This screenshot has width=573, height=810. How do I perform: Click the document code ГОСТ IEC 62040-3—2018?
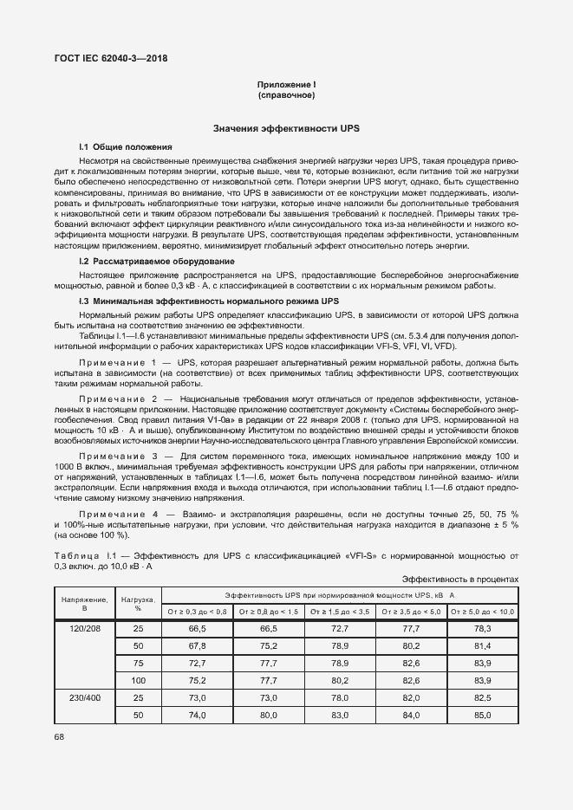click(110, 59)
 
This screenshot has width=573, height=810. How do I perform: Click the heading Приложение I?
click(286, 84)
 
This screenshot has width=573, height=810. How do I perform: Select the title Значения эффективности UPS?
click(286, 128)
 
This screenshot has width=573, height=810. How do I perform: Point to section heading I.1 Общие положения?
click(126, 147)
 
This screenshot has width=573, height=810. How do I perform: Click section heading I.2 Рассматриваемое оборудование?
click(156, 261)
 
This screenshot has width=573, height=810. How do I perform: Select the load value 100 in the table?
click(138, 680)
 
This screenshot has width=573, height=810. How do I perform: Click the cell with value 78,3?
click(483, 628)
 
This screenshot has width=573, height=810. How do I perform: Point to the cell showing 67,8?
click(197, 645)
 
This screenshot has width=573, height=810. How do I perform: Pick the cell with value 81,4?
click(483, 645)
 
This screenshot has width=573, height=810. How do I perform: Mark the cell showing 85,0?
click(483, 715)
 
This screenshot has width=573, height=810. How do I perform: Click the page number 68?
click(59, 737)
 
